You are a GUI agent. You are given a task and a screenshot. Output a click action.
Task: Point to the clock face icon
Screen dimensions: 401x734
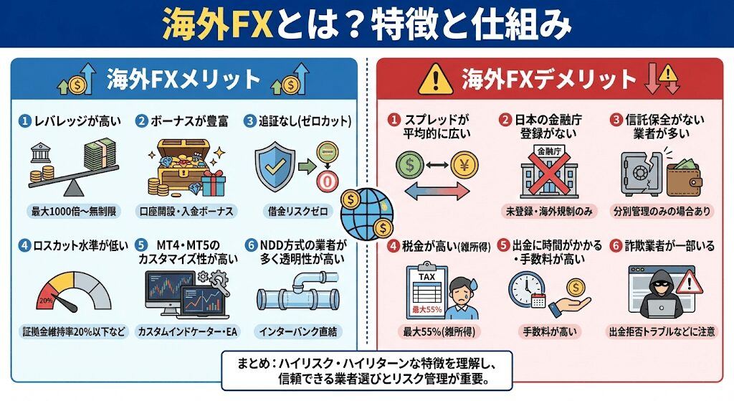(x=525, y=290)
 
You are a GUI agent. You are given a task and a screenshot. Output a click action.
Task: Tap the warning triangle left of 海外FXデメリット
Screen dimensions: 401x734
(x=431, y=77)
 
